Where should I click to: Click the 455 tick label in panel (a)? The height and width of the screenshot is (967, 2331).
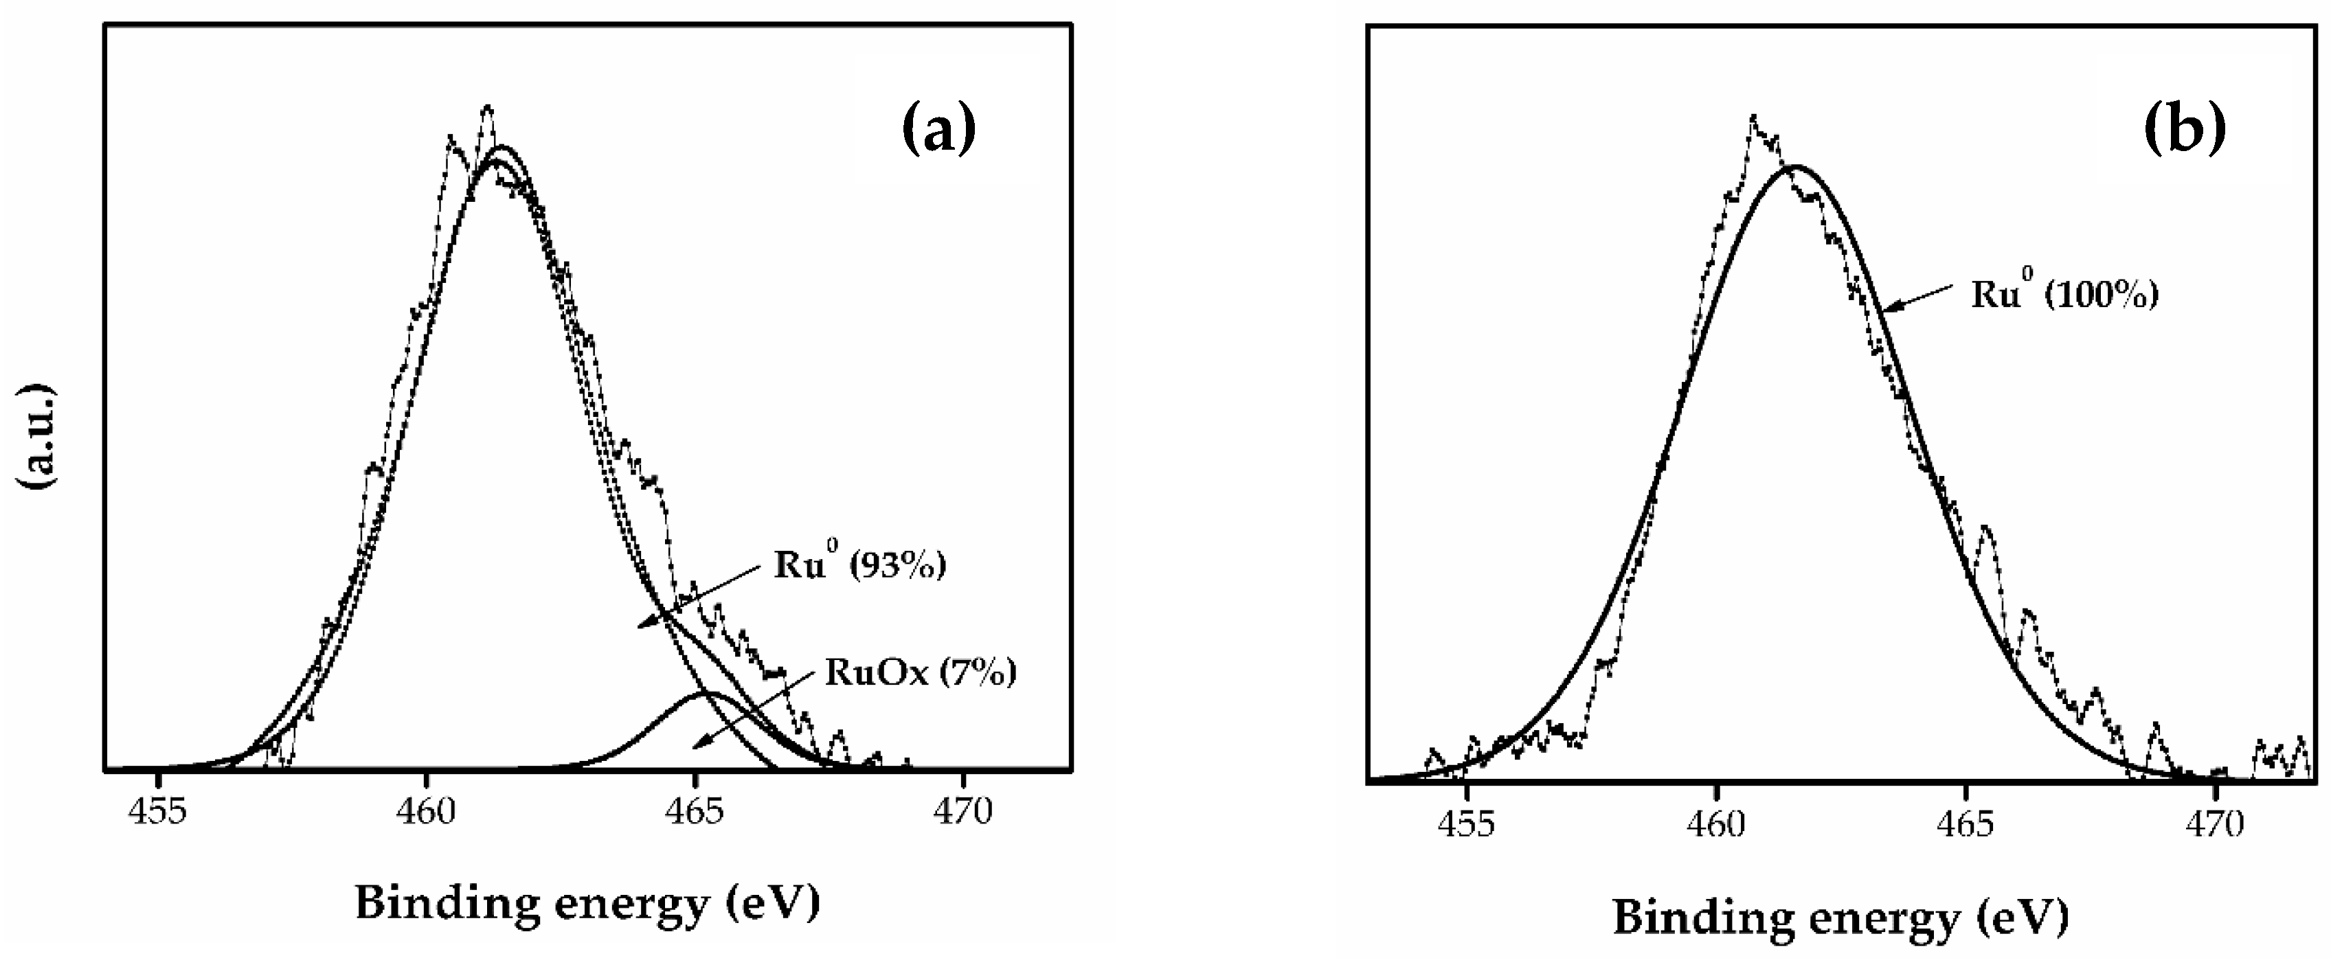[x=157, y=810]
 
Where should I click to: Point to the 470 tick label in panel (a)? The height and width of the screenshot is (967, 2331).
[x=962, y=810]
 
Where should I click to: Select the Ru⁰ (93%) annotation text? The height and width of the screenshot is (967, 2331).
[x=859, y=565]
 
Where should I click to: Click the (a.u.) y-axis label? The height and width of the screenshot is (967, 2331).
[x=36, y=435]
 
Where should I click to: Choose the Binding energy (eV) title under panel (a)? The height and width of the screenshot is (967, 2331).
[x=587, y=902]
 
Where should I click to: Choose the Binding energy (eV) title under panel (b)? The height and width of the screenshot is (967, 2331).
[x=1840, y=918]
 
